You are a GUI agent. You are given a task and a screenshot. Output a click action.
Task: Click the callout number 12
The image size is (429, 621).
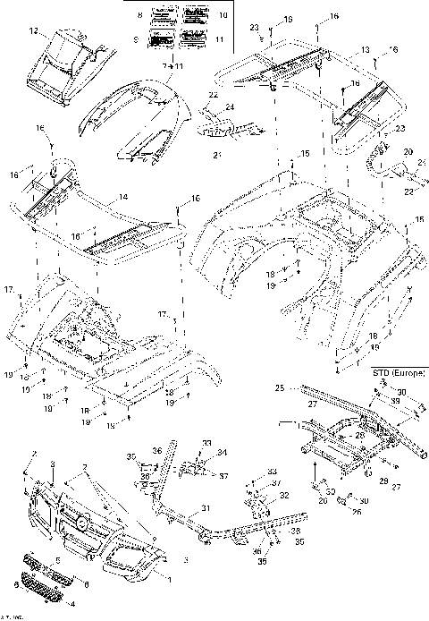coord(32,31)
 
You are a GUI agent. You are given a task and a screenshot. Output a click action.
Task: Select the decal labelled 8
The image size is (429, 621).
coord(164,16)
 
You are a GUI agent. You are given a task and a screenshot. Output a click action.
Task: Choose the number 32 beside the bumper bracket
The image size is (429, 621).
coord(284,494)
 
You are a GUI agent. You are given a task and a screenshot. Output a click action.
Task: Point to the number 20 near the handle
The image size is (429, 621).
coord(408,153)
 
